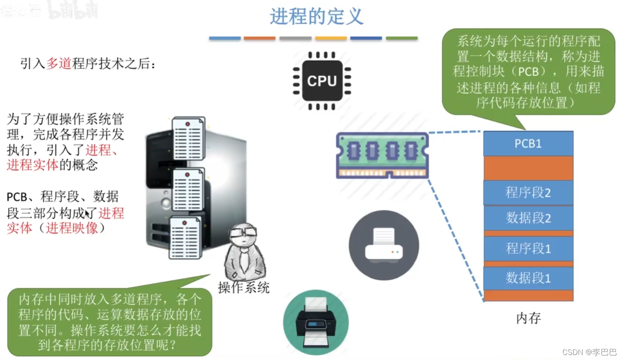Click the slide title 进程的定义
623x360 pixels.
click(317, 17)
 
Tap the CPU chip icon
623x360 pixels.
click(322, 81)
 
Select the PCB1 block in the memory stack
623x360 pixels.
click(528, 144)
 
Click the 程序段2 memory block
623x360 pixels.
click(528, 192)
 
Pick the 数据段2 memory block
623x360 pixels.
click(528, 218)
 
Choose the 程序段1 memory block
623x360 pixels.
click(528, 249)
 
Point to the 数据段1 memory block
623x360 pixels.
click(528, 278)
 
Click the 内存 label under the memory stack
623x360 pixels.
click(528, 318)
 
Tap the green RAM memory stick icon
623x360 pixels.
click(382, 155)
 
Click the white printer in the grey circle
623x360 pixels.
click(384, 245)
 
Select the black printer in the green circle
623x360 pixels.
click(316, 322)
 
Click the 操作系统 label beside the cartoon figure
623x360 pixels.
click(244, 287)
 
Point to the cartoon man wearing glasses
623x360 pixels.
click(244, 252)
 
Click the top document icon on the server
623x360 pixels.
click(188, 138)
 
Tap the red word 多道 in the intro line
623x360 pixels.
click(59, 64)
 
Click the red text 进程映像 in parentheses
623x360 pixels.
click(71, 228)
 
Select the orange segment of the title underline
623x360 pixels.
click(259, 38)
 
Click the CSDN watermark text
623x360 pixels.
click(589, 352)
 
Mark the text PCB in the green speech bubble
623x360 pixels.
click(528, 72)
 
